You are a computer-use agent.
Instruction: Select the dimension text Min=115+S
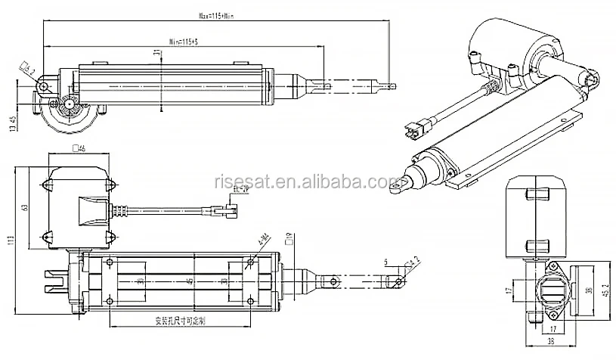pos(184,41)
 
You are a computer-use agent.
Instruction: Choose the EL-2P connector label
pos(240,189)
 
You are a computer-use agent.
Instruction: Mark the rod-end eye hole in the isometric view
pos(399,184)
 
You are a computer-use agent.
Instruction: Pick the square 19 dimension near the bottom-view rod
pos(289,242)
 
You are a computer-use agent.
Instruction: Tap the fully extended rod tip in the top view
pos(389,85)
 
